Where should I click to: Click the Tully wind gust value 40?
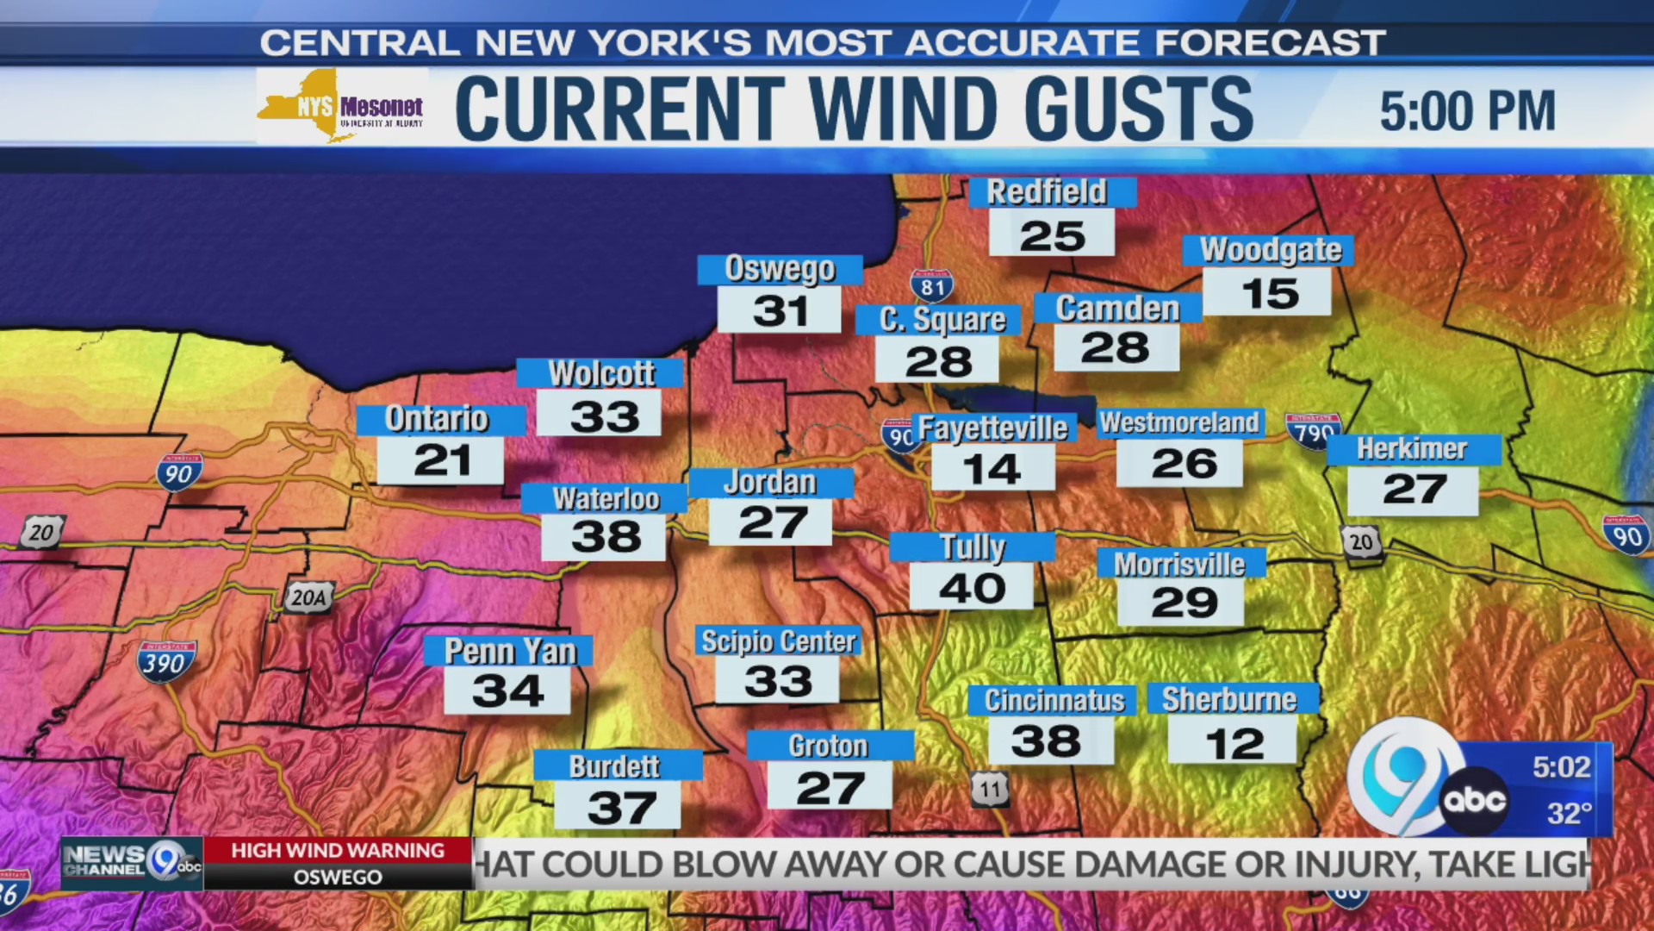[x=972, y=588]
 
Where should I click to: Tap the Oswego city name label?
[x=780, y=269]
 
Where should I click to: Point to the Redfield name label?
[x=1046, y=191]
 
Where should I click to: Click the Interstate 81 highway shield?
[x=932, y=286]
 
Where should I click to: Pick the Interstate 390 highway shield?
[x=166, y=662]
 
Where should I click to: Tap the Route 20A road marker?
[x=309, y=597]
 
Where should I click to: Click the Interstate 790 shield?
[x=1313, y=431]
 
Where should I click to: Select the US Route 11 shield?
[x=990, y=789]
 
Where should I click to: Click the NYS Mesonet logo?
[x=341, y=107]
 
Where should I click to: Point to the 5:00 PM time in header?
[x=1467, y=111]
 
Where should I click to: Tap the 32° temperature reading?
[x=1569, y=812]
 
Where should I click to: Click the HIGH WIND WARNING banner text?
[x=338, y=850]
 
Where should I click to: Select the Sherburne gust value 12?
[x=1234, y=743]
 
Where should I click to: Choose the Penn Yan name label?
[x=509, y=651]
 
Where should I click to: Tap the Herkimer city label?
[x=1412, y=449]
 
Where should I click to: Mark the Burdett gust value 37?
[x=620, y=807]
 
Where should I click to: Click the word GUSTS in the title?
[x=1139, y=109]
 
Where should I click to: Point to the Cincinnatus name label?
[x=1054, y=700]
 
